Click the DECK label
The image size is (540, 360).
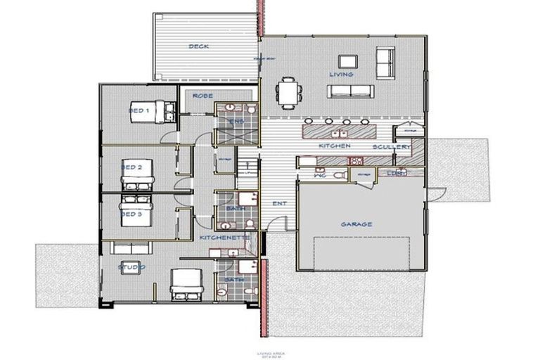coord(198,47)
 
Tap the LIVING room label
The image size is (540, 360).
coord(341,74)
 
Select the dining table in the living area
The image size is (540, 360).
coord(289,91)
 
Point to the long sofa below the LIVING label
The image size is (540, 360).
coord(349,90)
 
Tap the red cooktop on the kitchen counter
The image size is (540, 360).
coord(355,160)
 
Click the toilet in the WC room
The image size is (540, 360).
coord(339,175)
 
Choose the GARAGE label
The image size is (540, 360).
coord(356,224)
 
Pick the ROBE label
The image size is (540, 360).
coord(202,96)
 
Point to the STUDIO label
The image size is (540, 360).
coord(131,267)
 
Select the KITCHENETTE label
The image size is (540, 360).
coord(225,238)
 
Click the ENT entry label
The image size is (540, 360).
coord(279,203)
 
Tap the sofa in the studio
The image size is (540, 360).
coord(131,247)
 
